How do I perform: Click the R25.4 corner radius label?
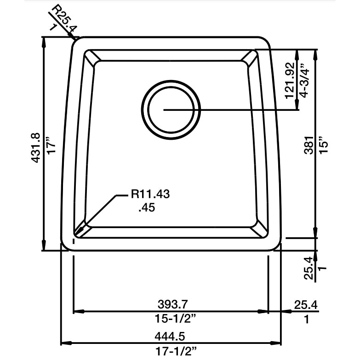pyautogui.click(x=65, y=19)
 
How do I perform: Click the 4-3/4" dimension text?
pyautogui.click(x=304, y=81)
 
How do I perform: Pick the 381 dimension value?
pyautogui.click(x=309, y=145)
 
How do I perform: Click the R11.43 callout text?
pyautogui.click(x=150, y=194)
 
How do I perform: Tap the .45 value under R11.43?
pyautogui.click(x=147, y=208)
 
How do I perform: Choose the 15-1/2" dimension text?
pyautogui.click(x=171, y=318)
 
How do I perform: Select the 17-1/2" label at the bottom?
pyautogui.click(x=171, y=351)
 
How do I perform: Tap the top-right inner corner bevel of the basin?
pyautogui.click(x=251, y=57)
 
